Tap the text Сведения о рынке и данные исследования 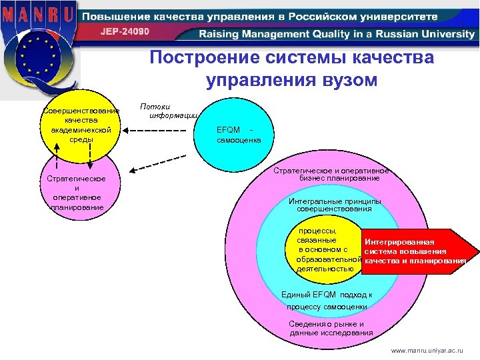(x=327, y=329)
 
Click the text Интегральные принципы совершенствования (x=335, y=205)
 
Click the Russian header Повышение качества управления (x=260, y=16)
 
